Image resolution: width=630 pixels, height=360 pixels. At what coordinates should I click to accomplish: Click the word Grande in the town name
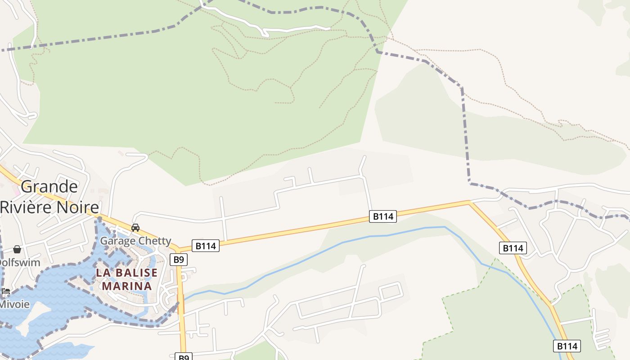49,186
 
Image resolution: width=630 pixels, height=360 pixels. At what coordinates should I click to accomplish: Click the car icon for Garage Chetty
135,228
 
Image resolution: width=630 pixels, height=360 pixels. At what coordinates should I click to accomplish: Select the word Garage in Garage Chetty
116,241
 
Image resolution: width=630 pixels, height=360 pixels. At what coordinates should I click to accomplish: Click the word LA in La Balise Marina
103,273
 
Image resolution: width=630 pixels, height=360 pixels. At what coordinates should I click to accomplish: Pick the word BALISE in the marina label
135,273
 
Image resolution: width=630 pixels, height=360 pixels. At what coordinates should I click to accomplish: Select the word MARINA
126,286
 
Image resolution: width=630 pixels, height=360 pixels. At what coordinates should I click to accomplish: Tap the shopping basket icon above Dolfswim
17,249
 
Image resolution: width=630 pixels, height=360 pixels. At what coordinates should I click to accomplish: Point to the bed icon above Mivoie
6,291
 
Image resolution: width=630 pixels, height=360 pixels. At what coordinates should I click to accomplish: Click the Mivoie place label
14,304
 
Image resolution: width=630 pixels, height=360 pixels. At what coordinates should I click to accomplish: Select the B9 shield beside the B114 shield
179,259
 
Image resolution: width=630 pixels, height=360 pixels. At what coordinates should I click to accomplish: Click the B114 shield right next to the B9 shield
205,246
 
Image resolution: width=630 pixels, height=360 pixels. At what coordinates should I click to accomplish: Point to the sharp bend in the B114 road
469,202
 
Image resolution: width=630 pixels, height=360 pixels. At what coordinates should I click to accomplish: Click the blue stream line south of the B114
342,243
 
